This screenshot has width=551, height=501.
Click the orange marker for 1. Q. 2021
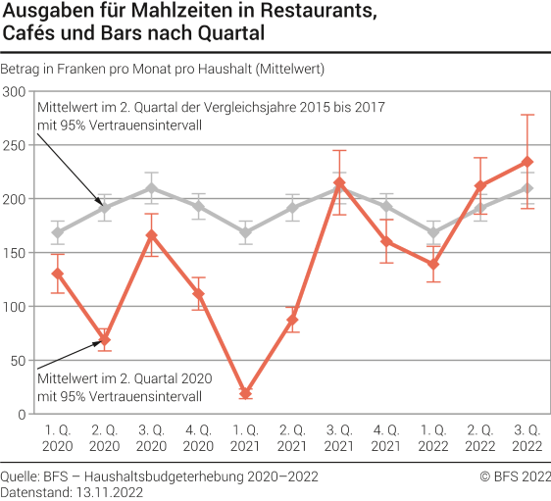pos(245,393)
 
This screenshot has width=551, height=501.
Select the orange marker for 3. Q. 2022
pos(526,162)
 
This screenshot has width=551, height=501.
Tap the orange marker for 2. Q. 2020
pos(105,340)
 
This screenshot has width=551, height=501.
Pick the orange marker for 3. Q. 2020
pos(152,235)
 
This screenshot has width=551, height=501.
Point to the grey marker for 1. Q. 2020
pos(58,232)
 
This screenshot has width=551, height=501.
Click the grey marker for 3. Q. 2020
pos(152,188)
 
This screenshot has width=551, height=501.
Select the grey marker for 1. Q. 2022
pos(432,232)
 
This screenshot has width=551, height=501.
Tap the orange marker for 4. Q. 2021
pos(386,241)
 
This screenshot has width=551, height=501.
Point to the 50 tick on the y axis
pos(18,360)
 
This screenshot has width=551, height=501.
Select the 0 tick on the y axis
pos(22,414)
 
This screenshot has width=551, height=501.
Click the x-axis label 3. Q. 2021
pos(339,438)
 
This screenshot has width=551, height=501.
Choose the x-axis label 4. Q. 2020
pos(198,438)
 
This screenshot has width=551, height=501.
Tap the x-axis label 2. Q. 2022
pos(479,438)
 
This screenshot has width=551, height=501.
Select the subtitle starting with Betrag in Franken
pos(163,69)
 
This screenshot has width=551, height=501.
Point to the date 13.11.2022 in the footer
pos(110,492)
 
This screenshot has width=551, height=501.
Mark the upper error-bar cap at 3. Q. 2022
pos(526,115)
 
